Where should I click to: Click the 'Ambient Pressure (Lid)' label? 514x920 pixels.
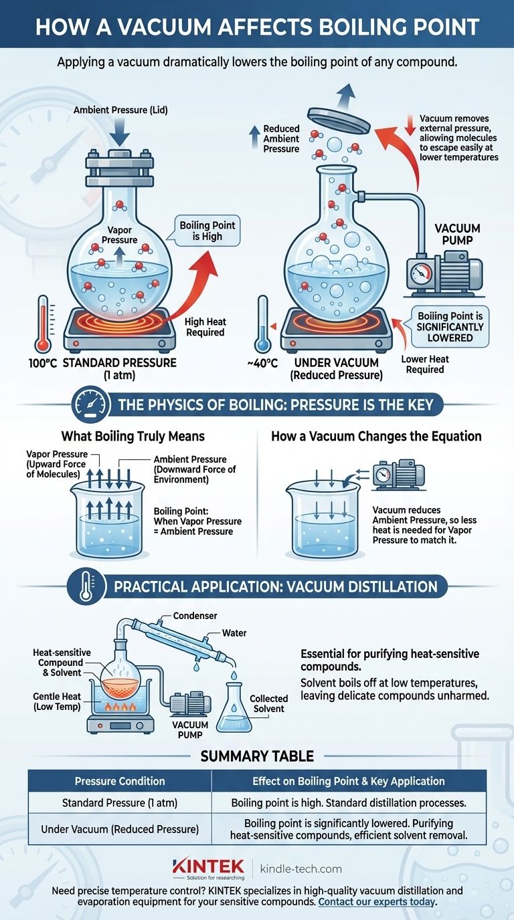point(110,110)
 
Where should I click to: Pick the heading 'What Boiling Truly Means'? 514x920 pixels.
point(133,436)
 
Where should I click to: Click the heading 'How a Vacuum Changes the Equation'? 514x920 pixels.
point(376,436)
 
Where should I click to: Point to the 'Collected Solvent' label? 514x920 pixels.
point(268,703)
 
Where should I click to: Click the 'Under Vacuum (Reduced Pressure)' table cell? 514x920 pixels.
point(120,829)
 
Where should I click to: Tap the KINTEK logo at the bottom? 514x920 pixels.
point(208,869)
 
